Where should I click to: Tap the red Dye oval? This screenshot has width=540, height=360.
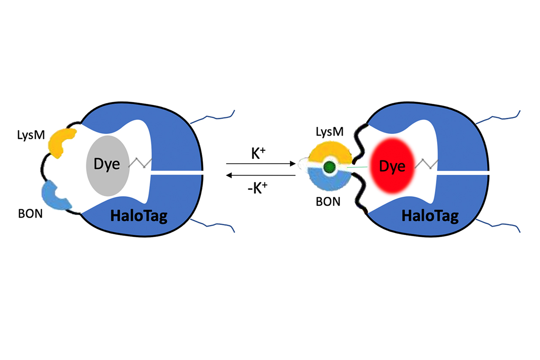(390, 167)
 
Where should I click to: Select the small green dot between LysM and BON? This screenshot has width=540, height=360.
(329, 168)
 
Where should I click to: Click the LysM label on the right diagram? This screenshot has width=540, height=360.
(330, 132)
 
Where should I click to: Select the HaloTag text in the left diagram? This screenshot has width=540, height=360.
(139, 217)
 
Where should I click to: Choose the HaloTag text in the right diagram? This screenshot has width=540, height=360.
(430, 217)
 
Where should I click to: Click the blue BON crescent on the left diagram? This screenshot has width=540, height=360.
(57, 195)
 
